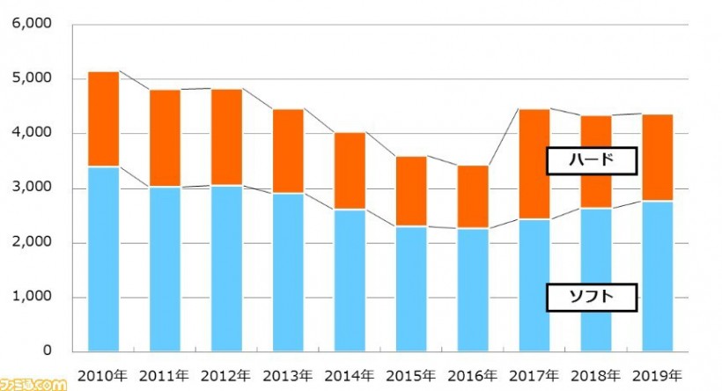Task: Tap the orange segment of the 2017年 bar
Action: coord(534,165)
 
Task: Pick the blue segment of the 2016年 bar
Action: coord(473,290)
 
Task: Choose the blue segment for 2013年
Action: coord(288,272)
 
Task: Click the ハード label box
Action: coord(591,160)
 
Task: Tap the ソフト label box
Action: coord(591,298)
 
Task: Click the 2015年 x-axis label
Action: coord(411,376)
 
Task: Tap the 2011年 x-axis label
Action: coord(166,376)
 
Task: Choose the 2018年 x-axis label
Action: coord(596,376)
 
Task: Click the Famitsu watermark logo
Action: coord(33,384)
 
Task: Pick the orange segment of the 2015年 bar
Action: coord(411,192)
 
